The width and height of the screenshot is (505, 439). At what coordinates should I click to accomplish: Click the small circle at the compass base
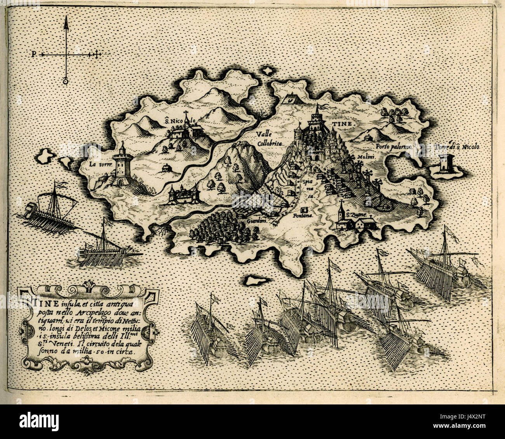click(66, 81)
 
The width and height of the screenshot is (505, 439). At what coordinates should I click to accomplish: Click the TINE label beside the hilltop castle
click(341, 123)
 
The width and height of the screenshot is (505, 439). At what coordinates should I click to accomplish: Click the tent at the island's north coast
click(290, 99)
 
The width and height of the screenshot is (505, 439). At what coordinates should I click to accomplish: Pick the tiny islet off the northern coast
click(268, 71)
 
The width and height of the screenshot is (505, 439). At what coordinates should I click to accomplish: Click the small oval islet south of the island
click(257, 280)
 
